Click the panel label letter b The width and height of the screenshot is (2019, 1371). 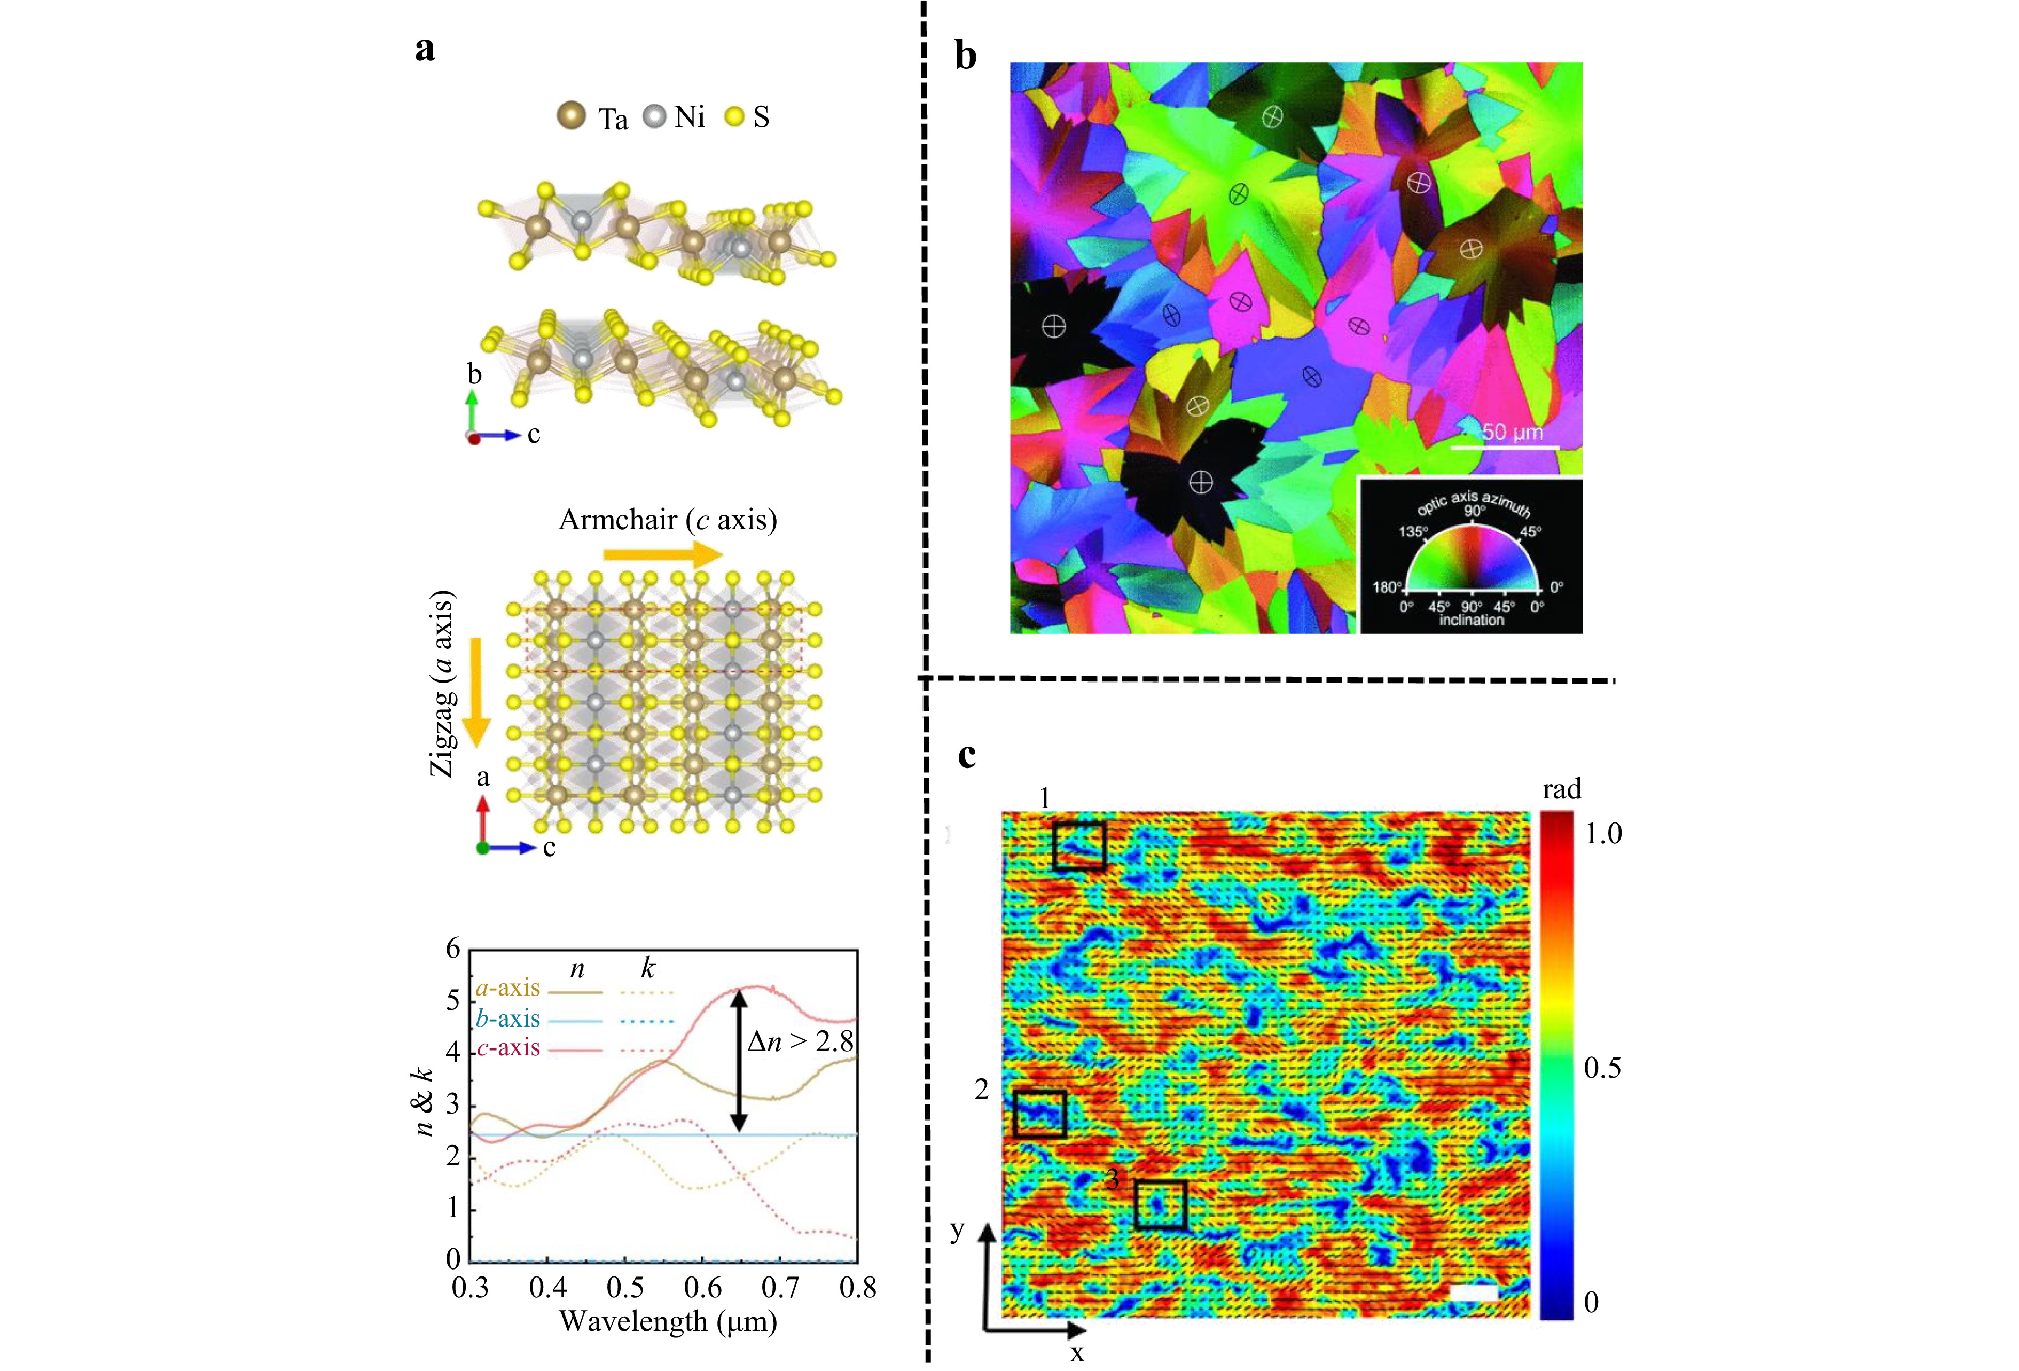point(965,57)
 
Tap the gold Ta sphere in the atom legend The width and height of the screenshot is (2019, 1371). point(571,115)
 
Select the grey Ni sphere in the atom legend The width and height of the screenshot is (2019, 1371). point(654,115)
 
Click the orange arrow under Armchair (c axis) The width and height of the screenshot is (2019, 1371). point(663,553)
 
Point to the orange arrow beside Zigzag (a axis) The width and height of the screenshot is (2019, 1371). point(475,692)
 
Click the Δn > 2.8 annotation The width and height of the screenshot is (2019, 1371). point(800,1041)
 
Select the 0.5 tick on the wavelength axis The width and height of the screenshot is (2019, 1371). point(624,1288)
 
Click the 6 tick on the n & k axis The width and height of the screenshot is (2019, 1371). point(452,949)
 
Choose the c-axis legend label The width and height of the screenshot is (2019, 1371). point(508,1048)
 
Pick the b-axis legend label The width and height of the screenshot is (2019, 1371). point(508,1019)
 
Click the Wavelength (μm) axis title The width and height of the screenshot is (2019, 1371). point(667,1322)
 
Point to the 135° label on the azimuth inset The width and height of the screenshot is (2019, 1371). point(1413,531)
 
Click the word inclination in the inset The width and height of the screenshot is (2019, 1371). point(1471,620)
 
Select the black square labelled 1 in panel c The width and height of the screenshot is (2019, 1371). point(1079,846)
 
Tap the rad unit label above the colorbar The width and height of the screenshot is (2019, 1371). point(1561,790)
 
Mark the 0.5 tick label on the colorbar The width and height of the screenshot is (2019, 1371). point(1602,1068)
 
